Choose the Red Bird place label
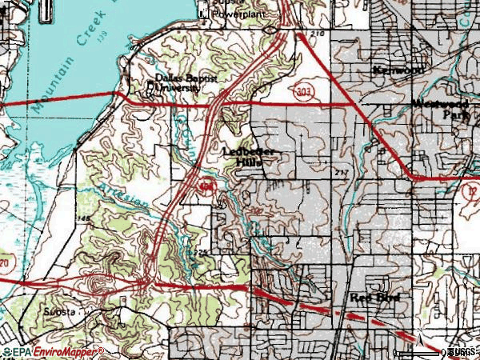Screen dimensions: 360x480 point(373,298)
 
